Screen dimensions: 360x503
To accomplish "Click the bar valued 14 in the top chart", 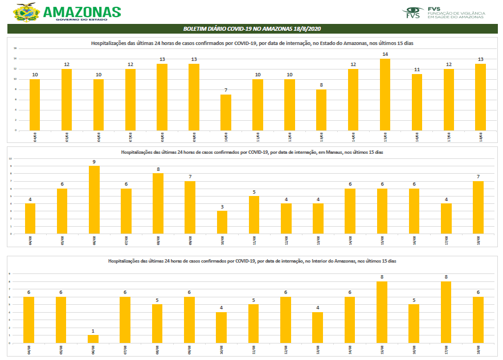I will (x=385, y=95).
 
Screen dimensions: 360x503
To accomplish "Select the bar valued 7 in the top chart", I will (x=226, y=112).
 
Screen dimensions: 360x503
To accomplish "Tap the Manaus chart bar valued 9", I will (x=94, y=199).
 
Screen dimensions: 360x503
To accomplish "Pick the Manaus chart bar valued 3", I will (x=222, y=222).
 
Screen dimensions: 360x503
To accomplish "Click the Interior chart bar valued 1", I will (x=93, y=339).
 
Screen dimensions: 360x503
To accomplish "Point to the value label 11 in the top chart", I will (x=417, y=69).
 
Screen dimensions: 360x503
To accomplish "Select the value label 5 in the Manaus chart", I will (x=254, y=191).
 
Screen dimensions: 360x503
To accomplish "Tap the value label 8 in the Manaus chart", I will (x=158, y=169).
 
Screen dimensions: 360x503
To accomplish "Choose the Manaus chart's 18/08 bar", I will (x=478, y=207).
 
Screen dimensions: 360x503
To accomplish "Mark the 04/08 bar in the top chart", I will (x=35, y=105).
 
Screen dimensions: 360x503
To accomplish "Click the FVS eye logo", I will (x=413, y=11).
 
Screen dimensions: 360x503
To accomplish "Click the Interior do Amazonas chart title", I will (x=252, y=260).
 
